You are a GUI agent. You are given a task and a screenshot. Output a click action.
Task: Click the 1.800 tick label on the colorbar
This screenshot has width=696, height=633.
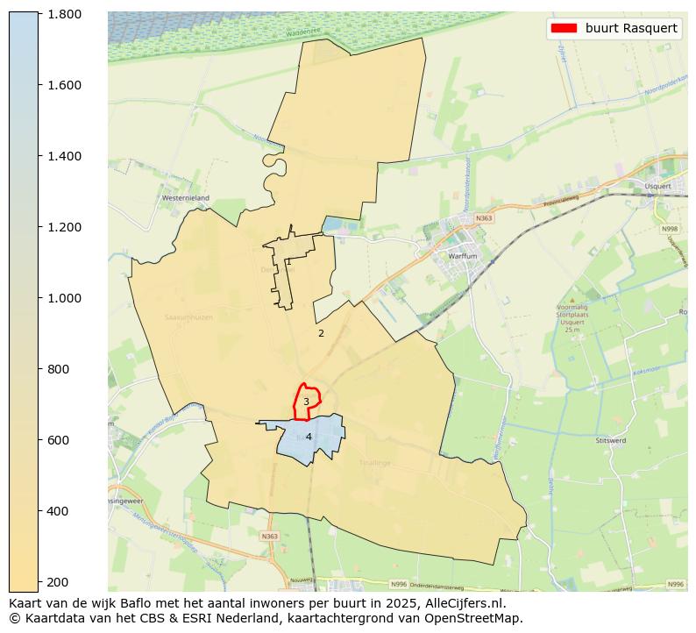(x=64, y=14)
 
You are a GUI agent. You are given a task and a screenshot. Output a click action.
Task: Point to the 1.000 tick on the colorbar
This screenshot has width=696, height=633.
(x=64, y=298)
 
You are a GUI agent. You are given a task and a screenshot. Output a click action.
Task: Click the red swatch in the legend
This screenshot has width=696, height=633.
(x=563, y=28)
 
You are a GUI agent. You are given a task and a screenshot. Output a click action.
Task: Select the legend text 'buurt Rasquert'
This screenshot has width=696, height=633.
(x=631, y=28)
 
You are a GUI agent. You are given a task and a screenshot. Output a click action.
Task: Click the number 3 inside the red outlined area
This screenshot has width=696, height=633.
(x=306, y=402)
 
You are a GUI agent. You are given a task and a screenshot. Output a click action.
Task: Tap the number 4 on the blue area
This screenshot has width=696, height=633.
(x=309, y=437)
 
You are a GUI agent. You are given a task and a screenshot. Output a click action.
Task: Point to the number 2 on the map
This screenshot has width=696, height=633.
(x=321, y=333)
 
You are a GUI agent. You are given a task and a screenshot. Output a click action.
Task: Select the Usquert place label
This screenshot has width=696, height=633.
(x=657, y=186)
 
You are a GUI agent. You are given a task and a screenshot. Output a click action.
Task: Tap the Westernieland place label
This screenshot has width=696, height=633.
(x=185, y=198)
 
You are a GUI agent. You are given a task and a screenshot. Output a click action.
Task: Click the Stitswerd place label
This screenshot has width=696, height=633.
(x=611, y=440)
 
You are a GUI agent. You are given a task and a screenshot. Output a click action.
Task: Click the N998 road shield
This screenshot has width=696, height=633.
(x=670, y=230)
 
